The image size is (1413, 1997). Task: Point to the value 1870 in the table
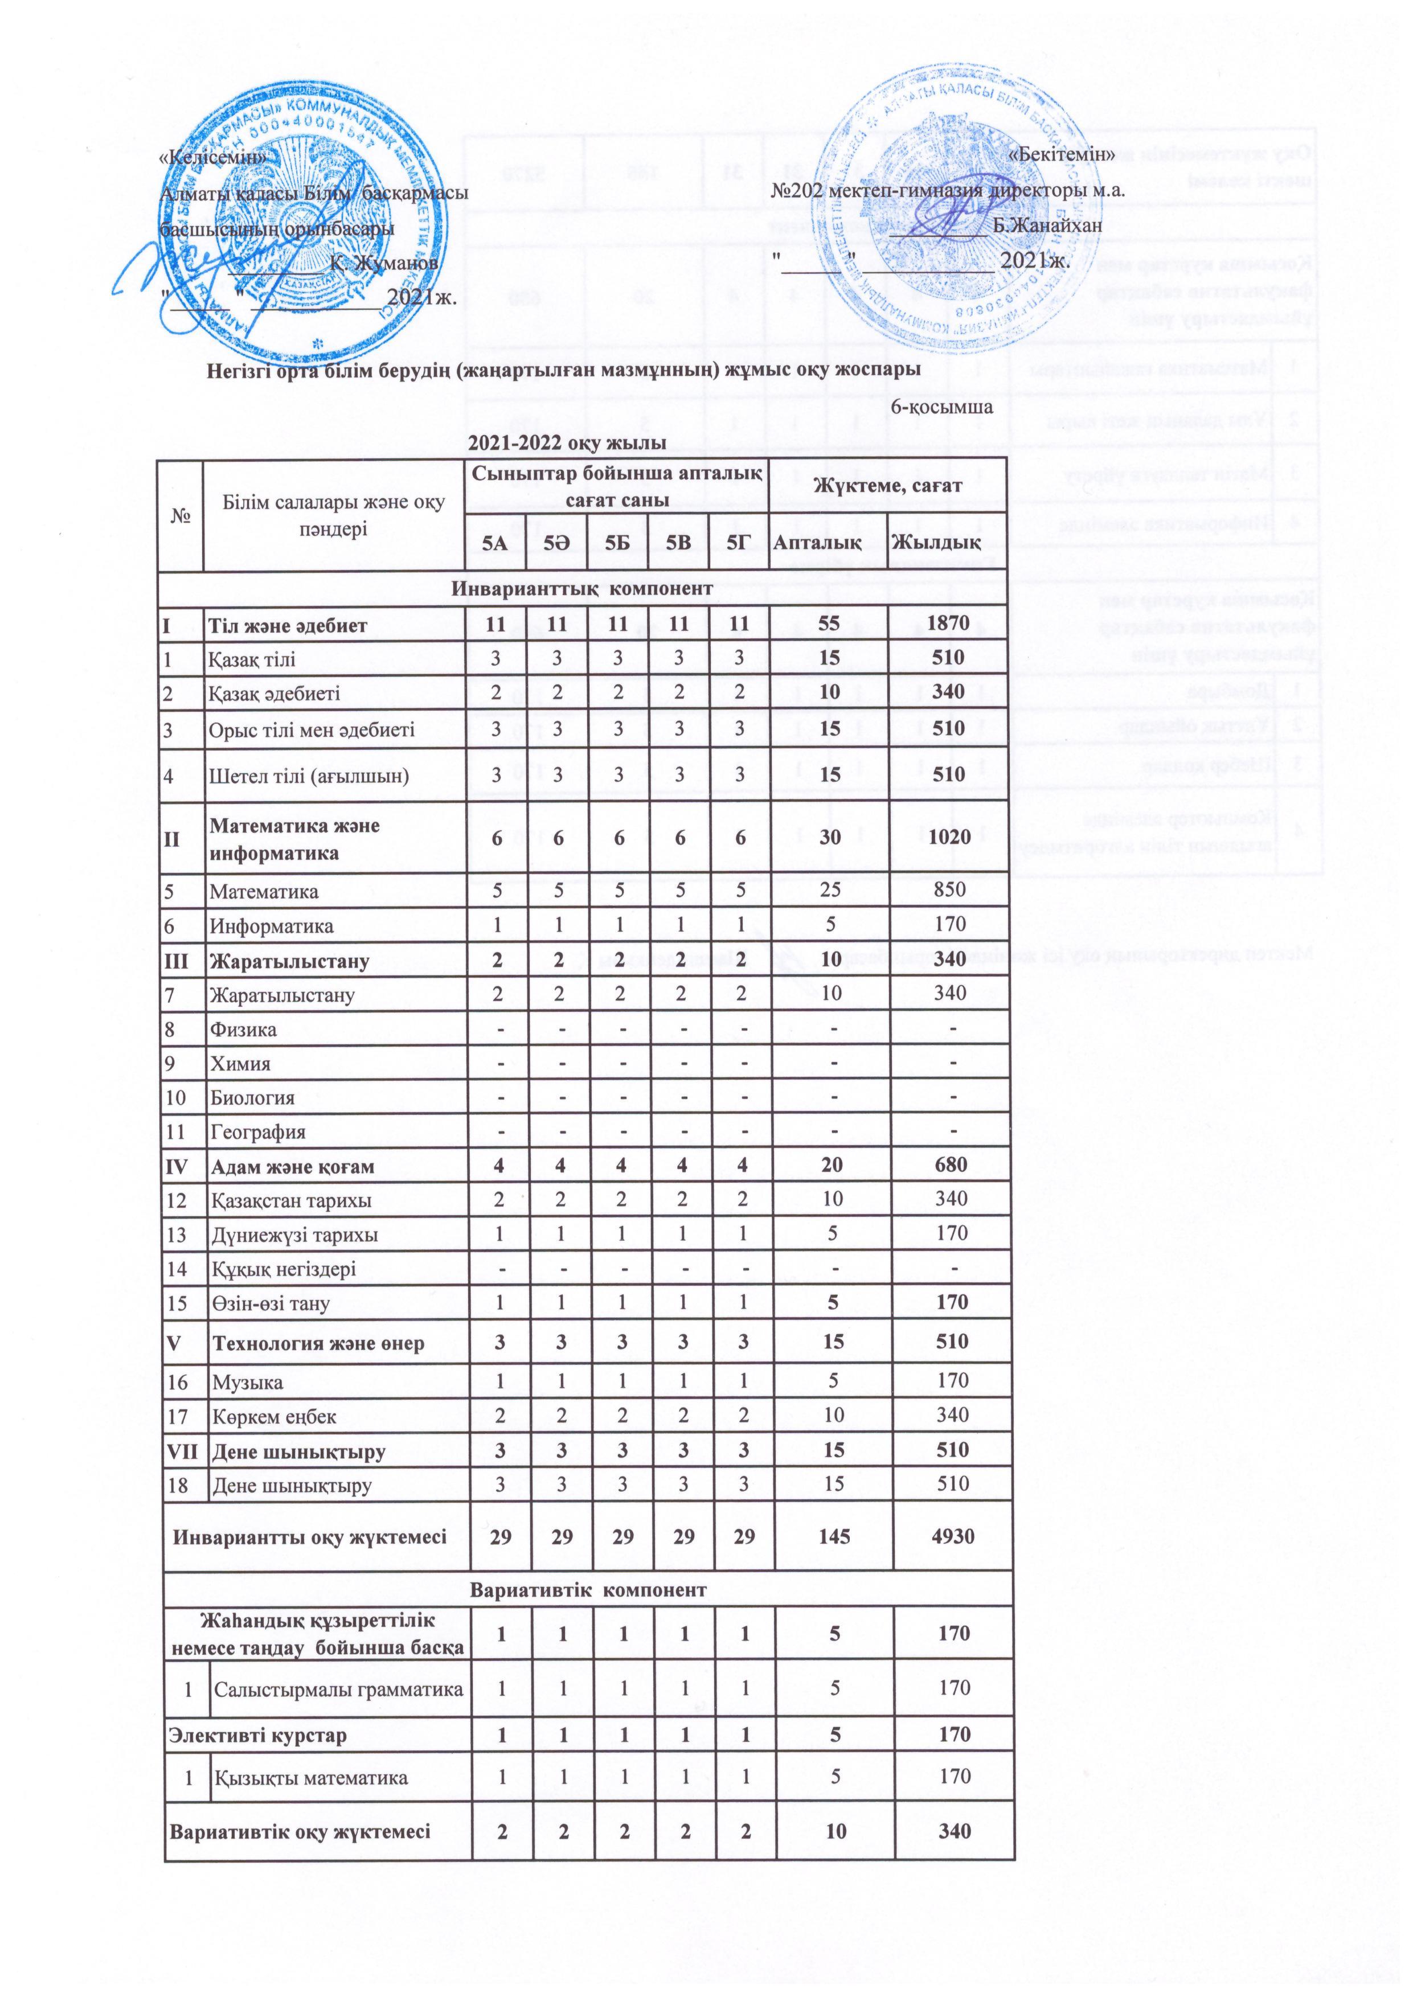coord(947,625)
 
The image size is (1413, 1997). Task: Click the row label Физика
coord(244,1030)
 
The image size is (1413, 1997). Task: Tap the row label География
coord(257,1133)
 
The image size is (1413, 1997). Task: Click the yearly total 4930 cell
coord(951,1537)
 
